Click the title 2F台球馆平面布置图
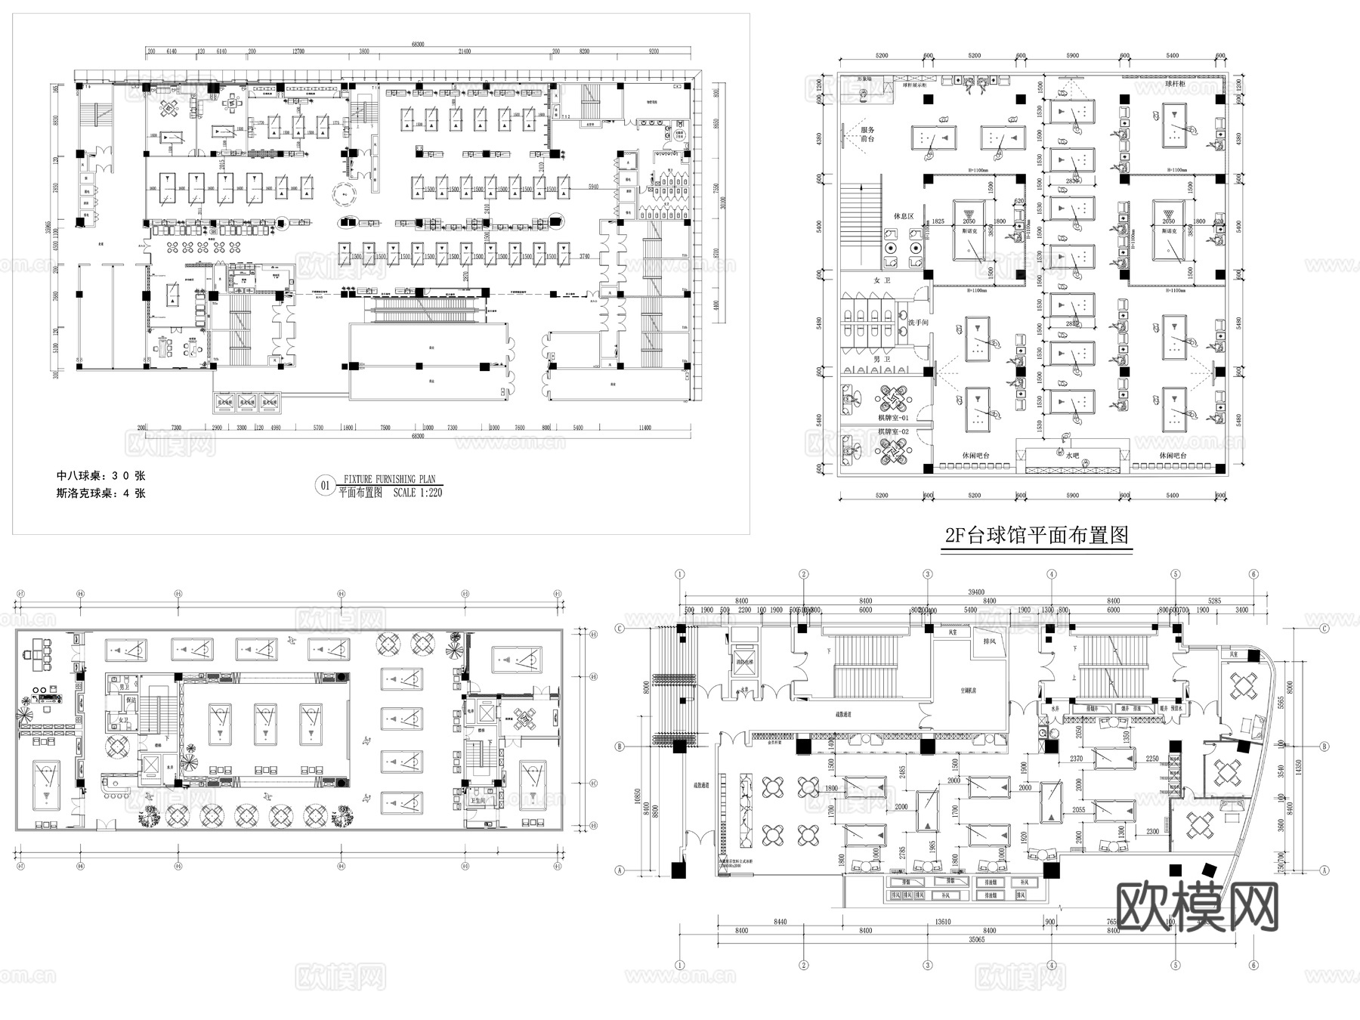(x=1037, y=536)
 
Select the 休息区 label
(x=904, y=216)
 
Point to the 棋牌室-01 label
(x=894, y=417)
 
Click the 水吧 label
(x=1073, y=456)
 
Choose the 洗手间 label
(x=918, y=323)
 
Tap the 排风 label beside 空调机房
(x=989, y=641)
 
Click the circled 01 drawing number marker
(x=326, y=486)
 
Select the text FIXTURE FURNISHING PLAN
(x=390, y=479)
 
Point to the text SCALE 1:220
(x=418, y=493)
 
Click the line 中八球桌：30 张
(x=100, y=476)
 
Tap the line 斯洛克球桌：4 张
(x=100, y=493)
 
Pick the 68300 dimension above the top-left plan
(x=418, y=45)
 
